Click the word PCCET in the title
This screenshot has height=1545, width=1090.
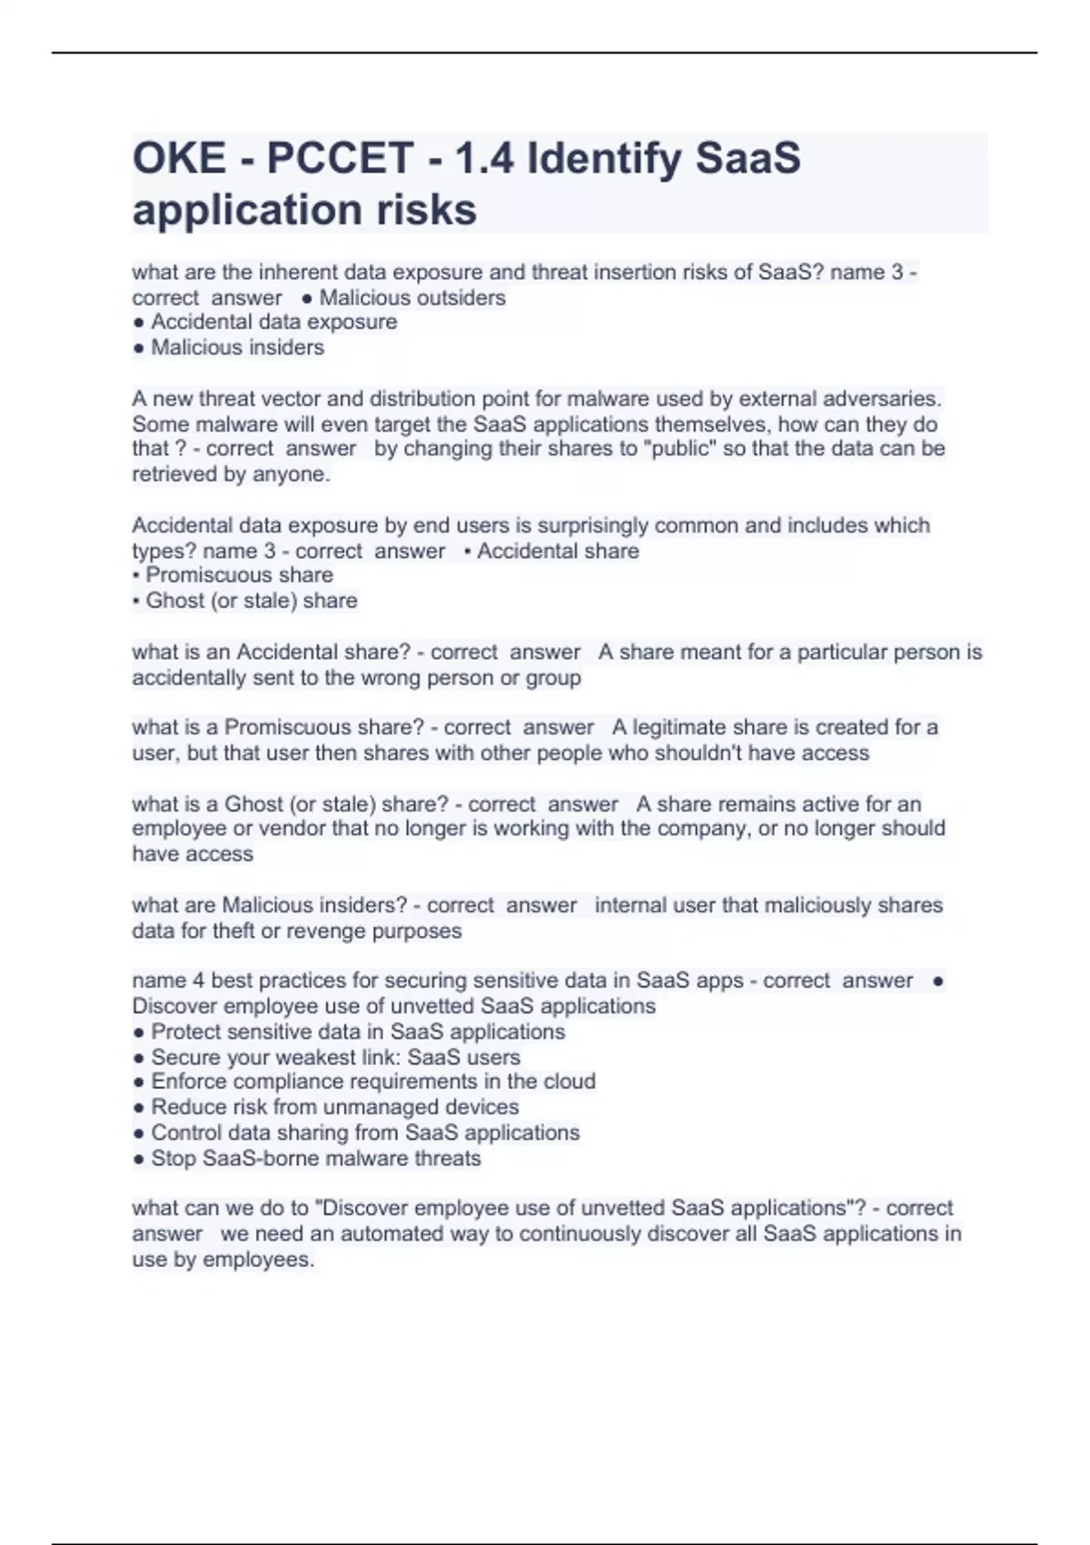coord(340,159)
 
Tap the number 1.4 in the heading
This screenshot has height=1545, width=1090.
coord(483,159)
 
